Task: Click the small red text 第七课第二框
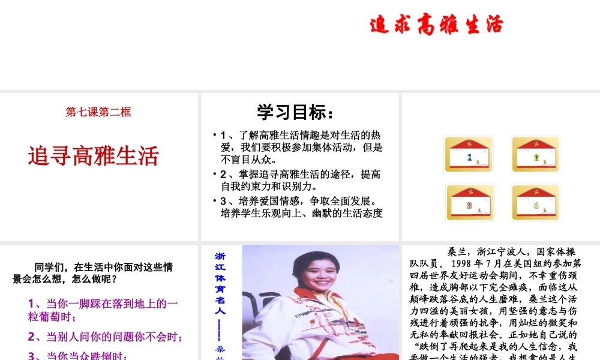(x=98, y=112)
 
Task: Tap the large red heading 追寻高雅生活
(x=94, y=155)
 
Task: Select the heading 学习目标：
(x=295, y=112)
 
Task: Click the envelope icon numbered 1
(x=469, y=155)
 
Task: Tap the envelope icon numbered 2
(x=535, y=155)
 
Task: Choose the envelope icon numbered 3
(x=470, y=203)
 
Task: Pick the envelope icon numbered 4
(x=535, y=203)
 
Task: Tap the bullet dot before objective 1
(x=215, y=134)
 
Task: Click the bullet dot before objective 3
(x=215, y=200)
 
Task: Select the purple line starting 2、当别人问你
(x=106, y=337)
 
